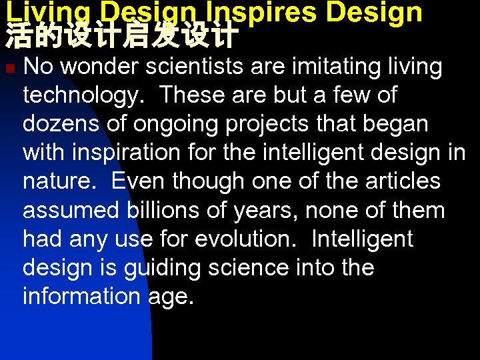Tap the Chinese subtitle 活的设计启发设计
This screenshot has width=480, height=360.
[122, 37]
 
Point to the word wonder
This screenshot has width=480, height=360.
[103, 67]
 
